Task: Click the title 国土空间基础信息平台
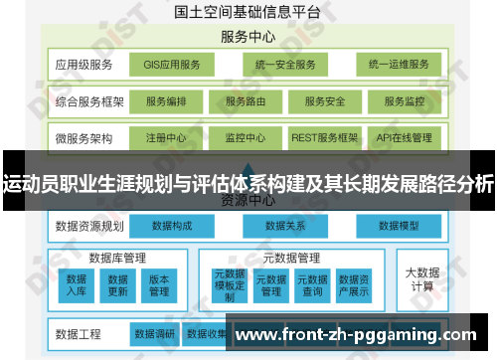point(247,12)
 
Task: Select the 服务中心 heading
point(248,37)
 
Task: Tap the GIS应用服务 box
point(172,65)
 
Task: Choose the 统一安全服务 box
point(284,65)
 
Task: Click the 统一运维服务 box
point(397,65)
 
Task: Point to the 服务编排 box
point(173,101)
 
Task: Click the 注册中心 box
point(165,137)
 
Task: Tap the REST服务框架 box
point(325,137)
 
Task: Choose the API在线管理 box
point(404,137)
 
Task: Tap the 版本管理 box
point(159,285)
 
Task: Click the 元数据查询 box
point(312,285)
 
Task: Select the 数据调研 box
point(154,333)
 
